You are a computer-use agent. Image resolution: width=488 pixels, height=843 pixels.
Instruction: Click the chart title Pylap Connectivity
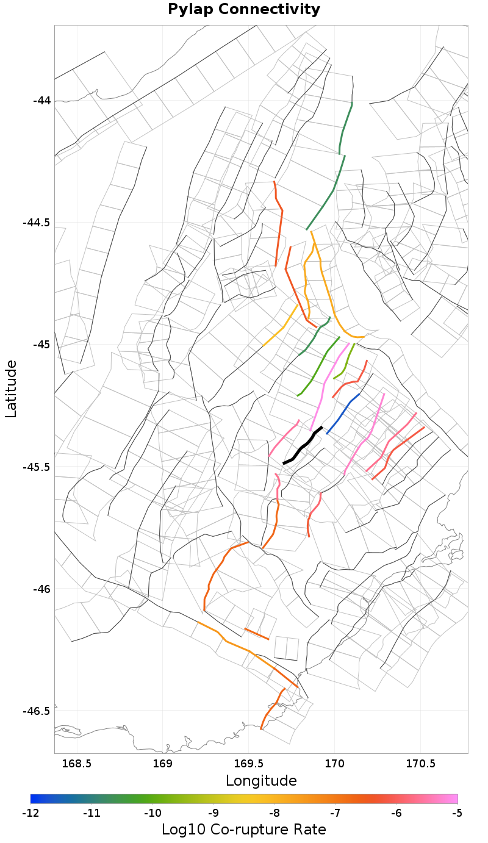point(244,10)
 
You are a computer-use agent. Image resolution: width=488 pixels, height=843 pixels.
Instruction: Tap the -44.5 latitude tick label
point(37,223)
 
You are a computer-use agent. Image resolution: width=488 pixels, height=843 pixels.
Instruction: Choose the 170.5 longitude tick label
point(421,764)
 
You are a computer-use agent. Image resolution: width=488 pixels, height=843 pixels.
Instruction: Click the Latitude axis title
point(11,389)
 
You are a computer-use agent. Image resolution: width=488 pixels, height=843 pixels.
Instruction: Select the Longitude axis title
point(261,781)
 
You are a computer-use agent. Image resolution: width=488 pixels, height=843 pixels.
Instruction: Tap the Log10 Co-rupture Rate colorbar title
point(244,830)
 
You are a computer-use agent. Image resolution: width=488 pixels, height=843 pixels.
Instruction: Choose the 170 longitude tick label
point(335,764)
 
